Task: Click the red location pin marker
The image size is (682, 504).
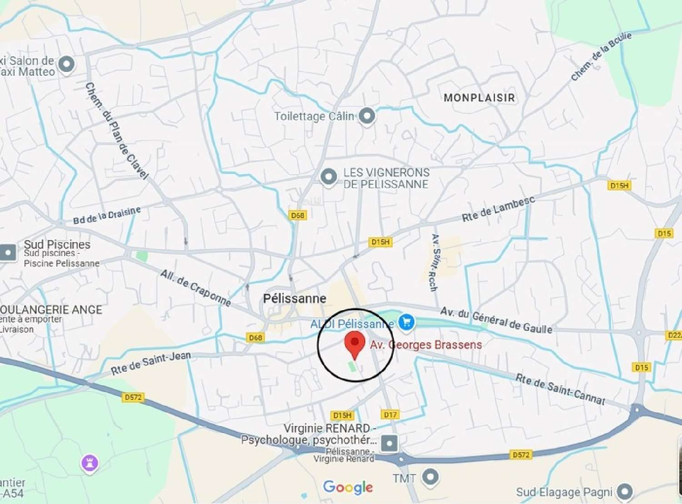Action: (x=355, y=344)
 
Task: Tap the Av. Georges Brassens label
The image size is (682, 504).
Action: (x=426, y=345)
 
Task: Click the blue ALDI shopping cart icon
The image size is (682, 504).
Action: (x=406, y=322)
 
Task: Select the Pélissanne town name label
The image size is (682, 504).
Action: (x=295, y=298)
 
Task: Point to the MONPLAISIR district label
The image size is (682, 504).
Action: (x=479, y=98)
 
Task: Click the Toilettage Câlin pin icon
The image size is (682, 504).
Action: (x=367, y=116)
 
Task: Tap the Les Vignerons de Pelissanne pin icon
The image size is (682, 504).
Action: (x=328, y=177)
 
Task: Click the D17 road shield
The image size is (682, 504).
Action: (x=390, y=415)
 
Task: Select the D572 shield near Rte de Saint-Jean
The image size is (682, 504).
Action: (x=133, y=397)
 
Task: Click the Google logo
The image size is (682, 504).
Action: (x=348, y=487)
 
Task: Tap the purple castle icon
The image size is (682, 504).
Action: (x=90, y=464)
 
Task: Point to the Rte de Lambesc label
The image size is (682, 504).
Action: (x=498, y=209)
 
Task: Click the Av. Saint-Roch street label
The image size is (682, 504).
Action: (x=435, y=262)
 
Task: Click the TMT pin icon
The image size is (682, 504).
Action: (x=430, y=477)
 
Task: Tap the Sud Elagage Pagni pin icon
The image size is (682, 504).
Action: (x=625, y=491)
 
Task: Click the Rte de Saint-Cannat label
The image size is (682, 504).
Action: (x=560, y=390)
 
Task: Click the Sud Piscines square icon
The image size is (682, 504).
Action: (x=8, y=252)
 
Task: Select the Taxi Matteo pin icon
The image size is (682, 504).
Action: (x=67, y=64)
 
